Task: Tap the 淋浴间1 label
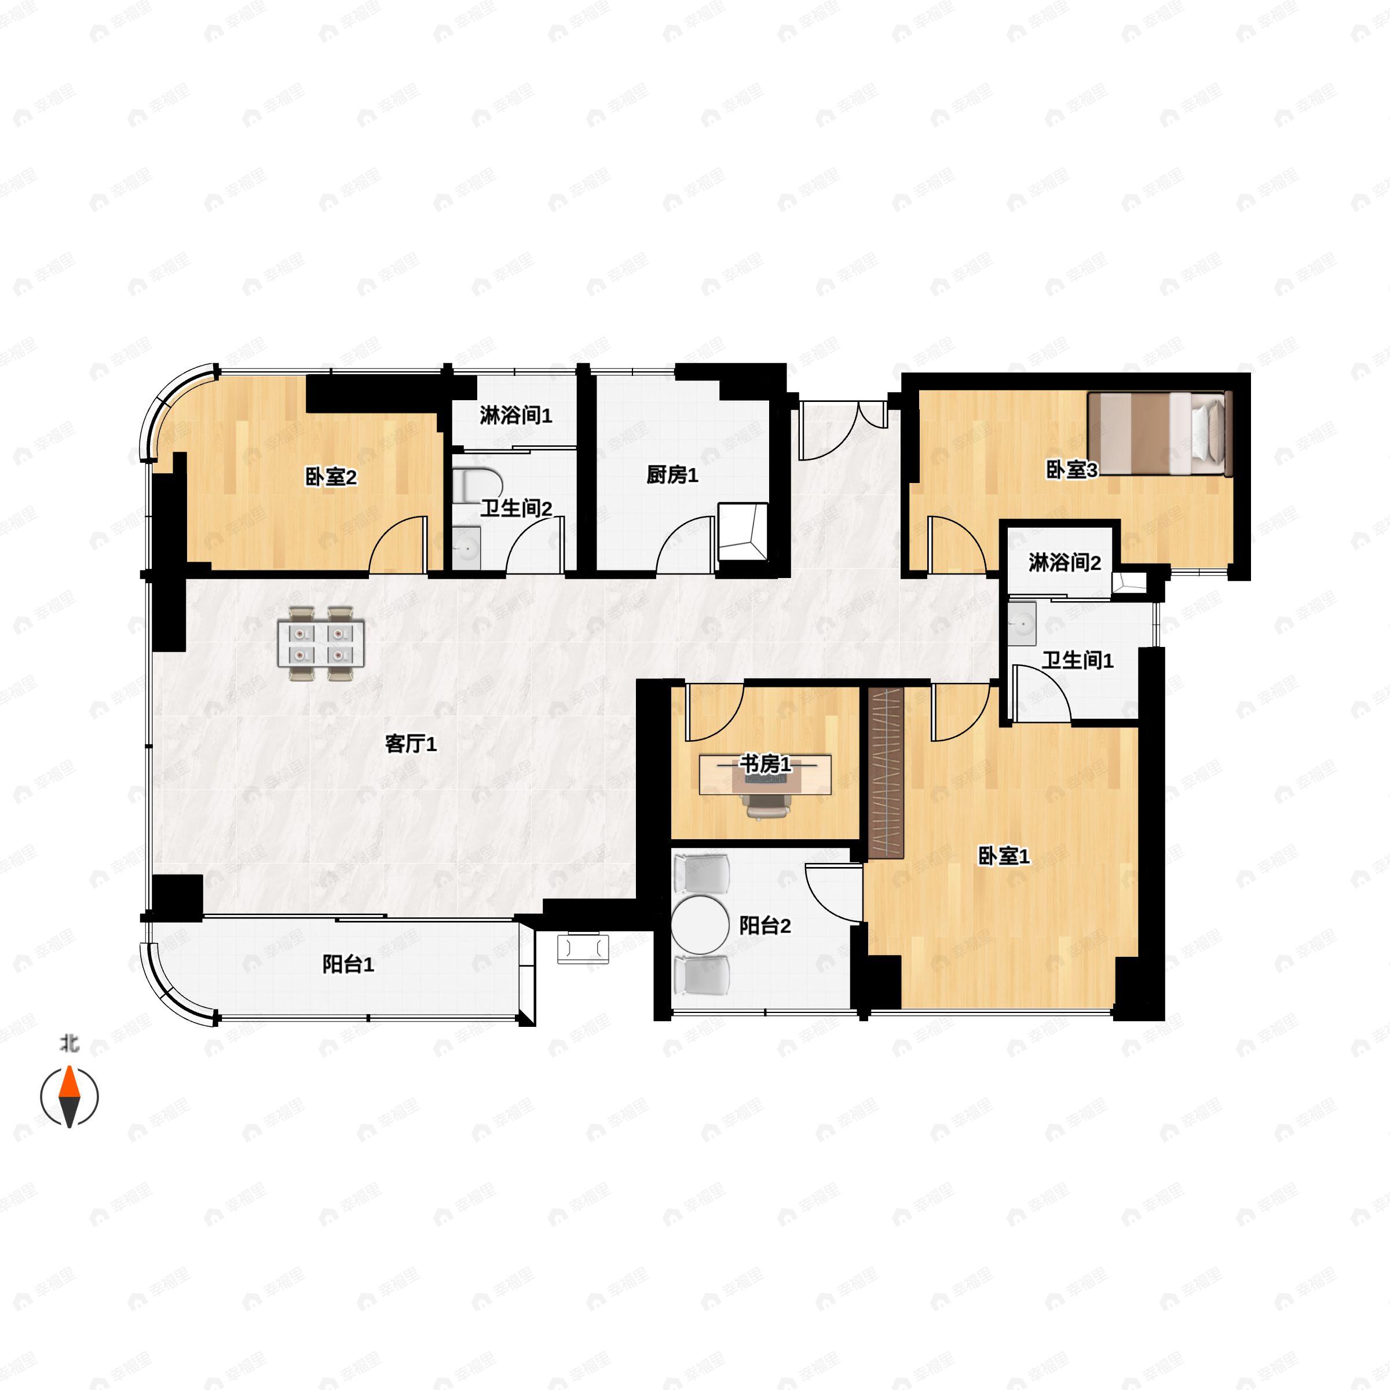coord(516,415)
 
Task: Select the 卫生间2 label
coord(516,509)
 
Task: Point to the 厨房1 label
coord(672,475)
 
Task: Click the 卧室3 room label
coord(1071,470)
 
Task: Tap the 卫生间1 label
coord(1078,660)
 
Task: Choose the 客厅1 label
coord(411,744)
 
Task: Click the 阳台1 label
coord(348,965)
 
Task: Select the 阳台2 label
coord(765,926)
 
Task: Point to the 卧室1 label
coord(1004,856)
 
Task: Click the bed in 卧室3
coord(1159,434)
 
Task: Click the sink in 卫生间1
coord(1022,623)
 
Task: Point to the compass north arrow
coord(69,1097)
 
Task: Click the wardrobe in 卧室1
coord(886,773)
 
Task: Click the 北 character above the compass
coord(69,1043)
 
